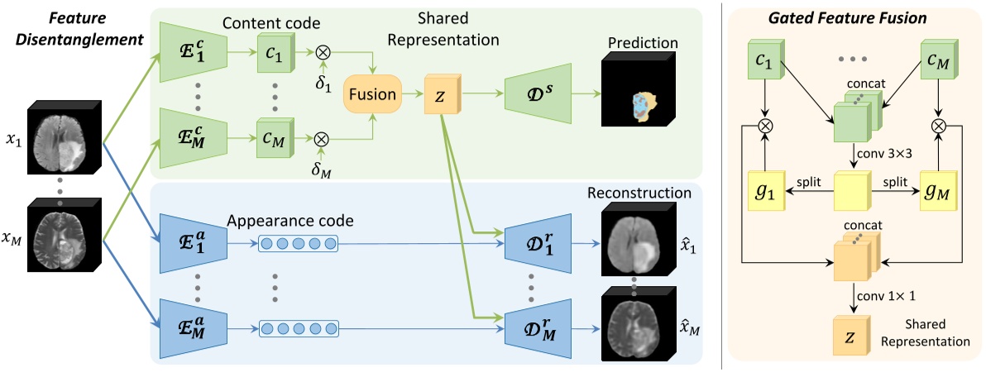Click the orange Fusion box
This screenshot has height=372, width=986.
tap(372, 93)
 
